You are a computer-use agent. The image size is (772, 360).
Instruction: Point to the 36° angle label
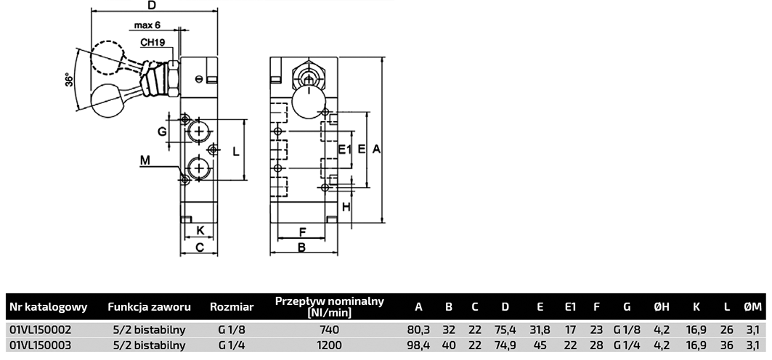click(69, 80)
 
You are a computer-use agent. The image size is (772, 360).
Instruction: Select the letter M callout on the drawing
click(145, 160)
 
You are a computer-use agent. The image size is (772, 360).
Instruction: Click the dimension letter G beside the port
click(163, 132)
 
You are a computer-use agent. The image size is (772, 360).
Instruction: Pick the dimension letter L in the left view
click(236, 151)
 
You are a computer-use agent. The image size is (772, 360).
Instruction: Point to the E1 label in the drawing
click(345, 150)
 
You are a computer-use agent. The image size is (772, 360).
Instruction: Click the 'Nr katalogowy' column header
click(48, 307)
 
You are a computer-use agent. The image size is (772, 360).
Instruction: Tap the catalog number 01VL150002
click(41, 329)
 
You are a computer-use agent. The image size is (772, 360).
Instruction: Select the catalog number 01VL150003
click(41, 345)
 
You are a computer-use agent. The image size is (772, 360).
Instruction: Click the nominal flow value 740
click(329, 329)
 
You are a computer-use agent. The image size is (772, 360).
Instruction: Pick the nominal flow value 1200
click(329, 345)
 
